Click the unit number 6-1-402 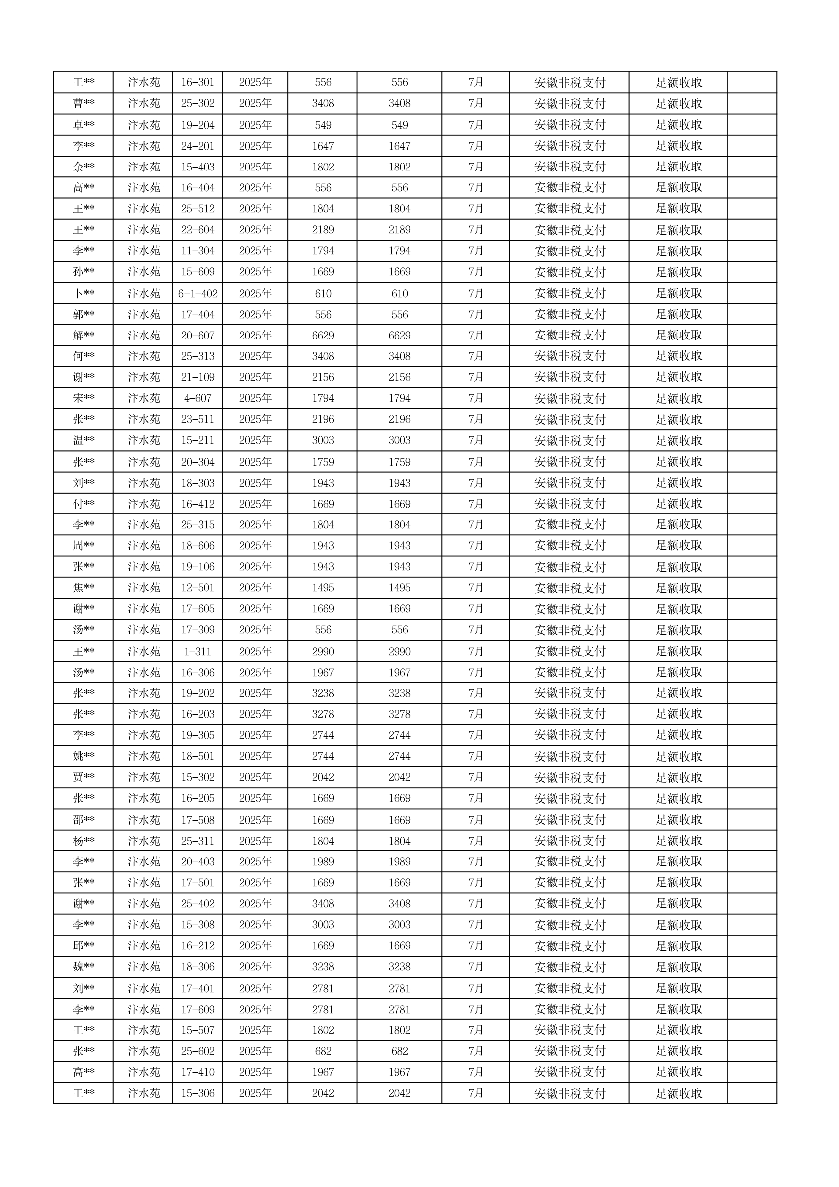click(197, 294)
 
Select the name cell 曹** click(83, 103)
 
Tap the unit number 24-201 click(197, 146)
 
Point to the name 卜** click(83, 294)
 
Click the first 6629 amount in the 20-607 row click(323, 336)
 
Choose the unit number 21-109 click(197, 377)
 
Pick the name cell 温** click(83, 441)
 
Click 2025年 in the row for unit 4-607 click(255, 399)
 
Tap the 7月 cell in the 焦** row click(475, 588)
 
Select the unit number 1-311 click(197, 652)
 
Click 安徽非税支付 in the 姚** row click(569, 756)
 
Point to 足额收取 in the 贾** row click(678, 778)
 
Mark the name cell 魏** click(83, 967)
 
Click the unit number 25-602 click(197, 1051)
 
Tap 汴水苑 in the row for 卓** click(143, 125)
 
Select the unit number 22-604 click(197, 230)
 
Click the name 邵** click(83, 820)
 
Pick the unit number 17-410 click(197, 1072)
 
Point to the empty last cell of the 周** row click(752, 546)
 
